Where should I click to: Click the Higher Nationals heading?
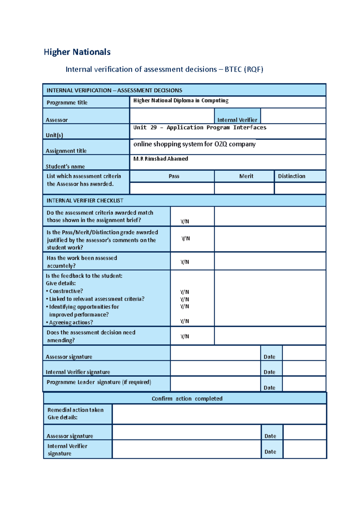point(77,52)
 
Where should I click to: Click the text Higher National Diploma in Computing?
point(181,100)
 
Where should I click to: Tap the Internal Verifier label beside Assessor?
point(237,120)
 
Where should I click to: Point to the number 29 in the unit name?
point(154,127)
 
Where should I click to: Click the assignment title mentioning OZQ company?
point(194,144)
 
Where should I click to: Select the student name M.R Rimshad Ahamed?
point(161,159)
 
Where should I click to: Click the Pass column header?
point(174,176)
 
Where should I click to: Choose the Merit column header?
point(246,176)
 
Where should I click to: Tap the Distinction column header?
point(291,176)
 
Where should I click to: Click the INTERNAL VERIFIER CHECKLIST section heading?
point(85,201)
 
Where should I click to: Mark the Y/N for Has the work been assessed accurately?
point(185,262)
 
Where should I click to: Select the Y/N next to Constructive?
point(184,292)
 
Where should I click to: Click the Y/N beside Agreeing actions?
point(184,321)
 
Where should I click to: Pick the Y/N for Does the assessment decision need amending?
point(185,336)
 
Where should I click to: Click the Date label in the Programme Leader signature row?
point(269,388)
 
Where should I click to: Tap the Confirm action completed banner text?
point(187,399)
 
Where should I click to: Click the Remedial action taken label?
point(75,410)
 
